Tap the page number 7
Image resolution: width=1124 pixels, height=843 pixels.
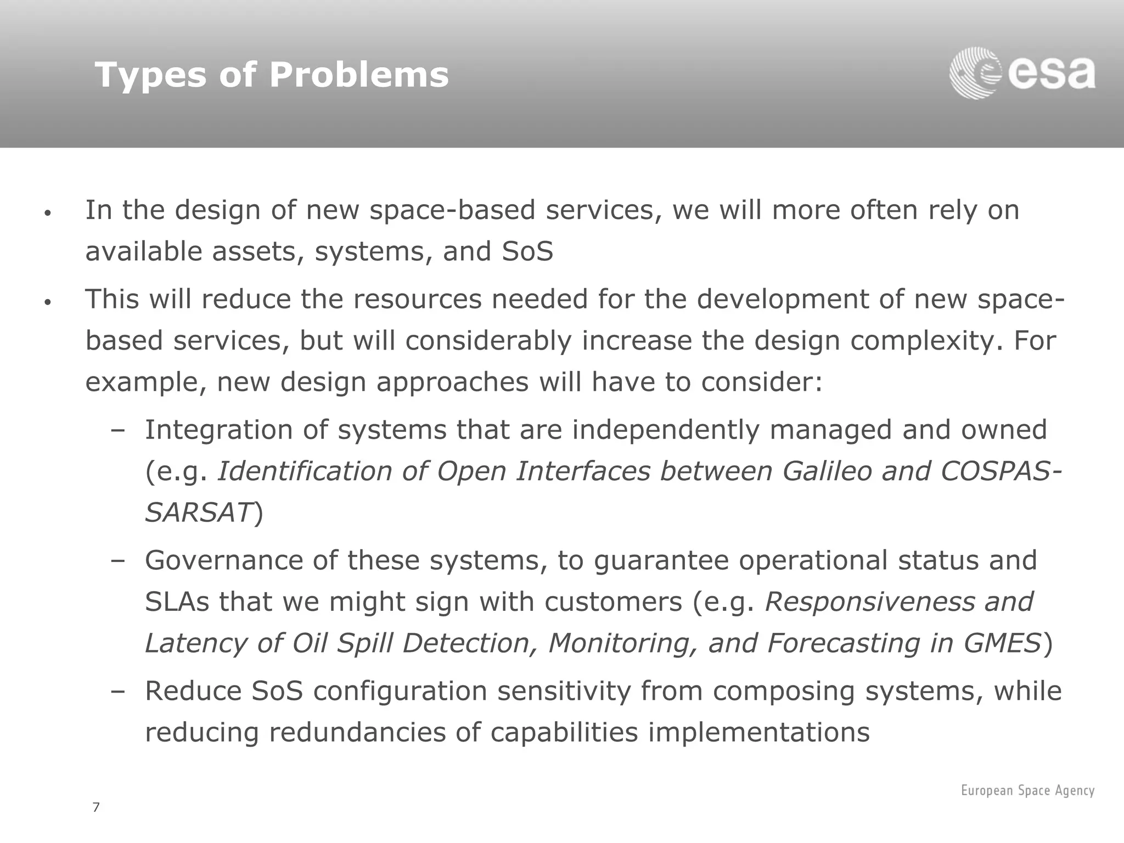(96, 807)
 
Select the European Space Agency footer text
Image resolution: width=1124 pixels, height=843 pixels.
(1027, 790)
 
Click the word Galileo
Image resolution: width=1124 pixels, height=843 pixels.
(827, 471)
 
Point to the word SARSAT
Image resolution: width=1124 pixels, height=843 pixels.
(198, 513)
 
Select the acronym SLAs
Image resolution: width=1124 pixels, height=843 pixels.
(177, 602)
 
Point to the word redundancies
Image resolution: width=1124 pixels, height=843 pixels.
(357, 733)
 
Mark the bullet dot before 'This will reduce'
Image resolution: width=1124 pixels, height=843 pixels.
(48, 302)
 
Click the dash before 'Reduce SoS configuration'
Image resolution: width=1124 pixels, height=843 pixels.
(117, 692)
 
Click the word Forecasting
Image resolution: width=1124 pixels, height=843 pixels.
(843, 643)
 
